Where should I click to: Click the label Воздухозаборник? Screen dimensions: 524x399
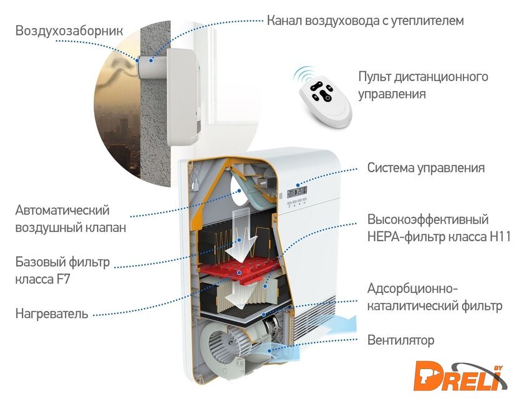69,31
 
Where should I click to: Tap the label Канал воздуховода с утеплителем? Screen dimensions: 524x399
366,21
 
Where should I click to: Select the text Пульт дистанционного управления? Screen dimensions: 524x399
423,85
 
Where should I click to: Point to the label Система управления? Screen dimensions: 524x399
425,168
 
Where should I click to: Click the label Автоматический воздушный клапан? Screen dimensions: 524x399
71,219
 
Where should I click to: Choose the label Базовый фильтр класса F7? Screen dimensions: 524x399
62,270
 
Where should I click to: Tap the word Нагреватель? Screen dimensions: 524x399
52,314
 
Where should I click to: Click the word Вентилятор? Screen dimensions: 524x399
400,340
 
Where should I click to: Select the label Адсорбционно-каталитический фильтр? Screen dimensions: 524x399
435,297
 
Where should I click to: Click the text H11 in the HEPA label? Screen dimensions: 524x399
500,237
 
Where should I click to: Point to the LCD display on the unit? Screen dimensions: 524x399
297,192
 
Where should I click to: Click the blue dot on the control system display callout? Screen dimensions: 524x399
298,185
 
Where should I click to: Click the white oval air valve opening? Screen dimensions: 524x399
241,190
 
